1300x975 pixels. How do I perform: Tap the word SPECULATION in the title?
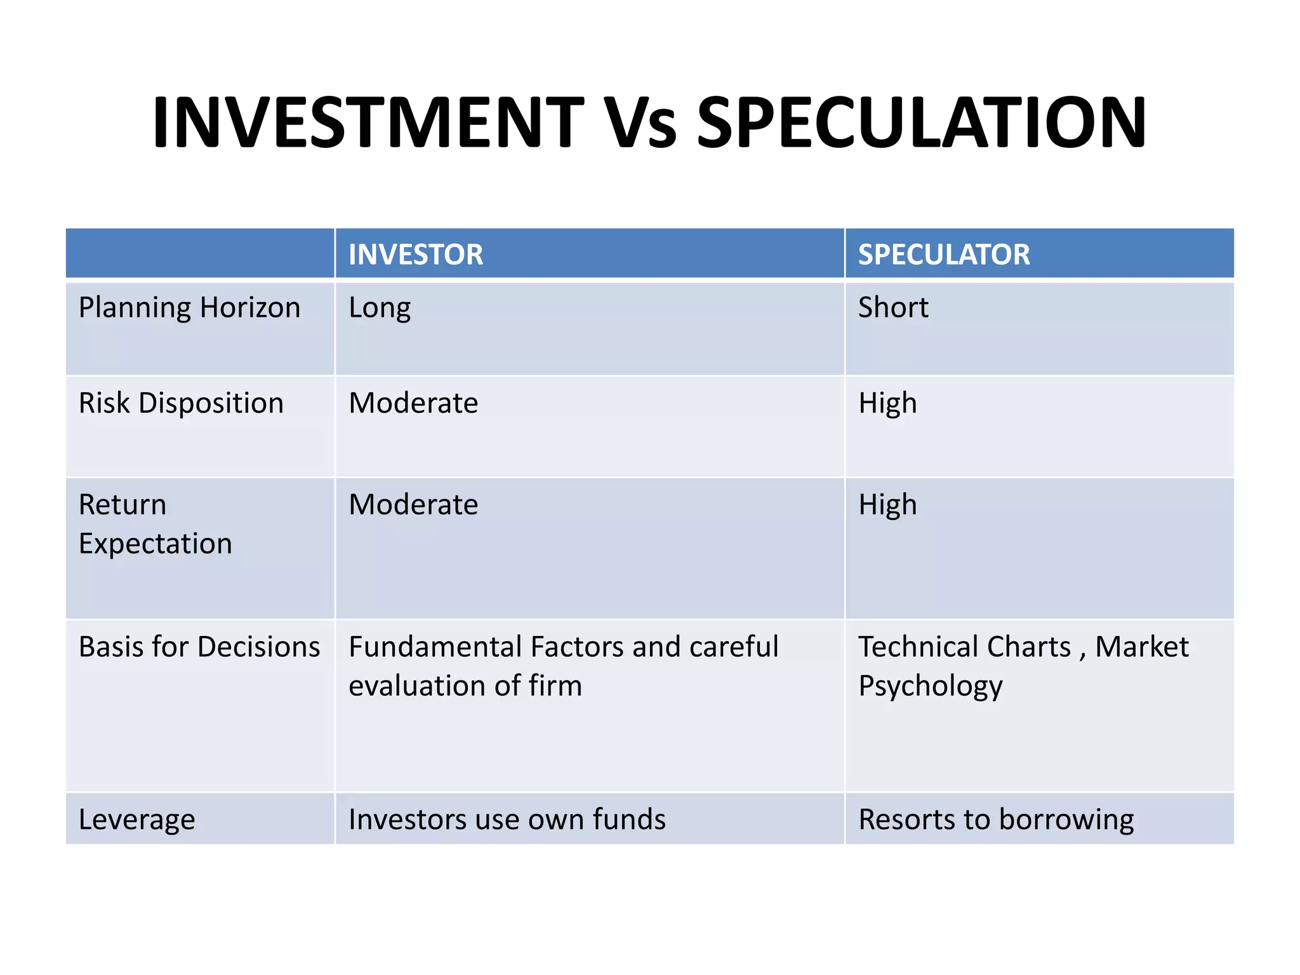point(922,123)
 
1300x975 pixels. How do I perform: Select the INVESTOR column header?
point(416,255)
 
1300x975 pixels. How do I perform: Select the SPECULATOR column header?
point(944,255)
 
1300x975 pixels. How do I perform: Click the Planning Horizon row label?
point(189,308)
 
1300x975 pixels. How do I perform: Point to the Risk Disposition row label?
point(181,404)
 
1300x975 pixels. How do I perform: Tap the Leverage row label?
point(136,820)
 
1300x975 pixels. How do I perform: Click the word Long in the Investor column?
point(380,308)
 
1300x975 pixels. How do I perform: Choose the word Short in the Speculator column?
point(893,308)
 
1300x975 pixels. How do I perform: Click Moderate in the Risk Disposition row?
point(413,404)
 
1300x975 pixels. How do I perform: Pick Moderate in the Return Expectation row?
point(413,505)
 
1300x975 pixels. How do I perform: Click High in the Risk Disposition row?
point(887,404)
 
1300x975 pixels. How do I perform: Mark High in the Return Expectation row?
point(887,505)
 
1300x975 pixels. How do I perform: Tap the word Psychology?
point(931,687)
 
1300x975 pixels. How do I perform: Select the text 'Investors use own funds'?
point(507,820)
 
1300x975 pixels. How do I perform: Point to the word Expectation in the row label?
point(156,545)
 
